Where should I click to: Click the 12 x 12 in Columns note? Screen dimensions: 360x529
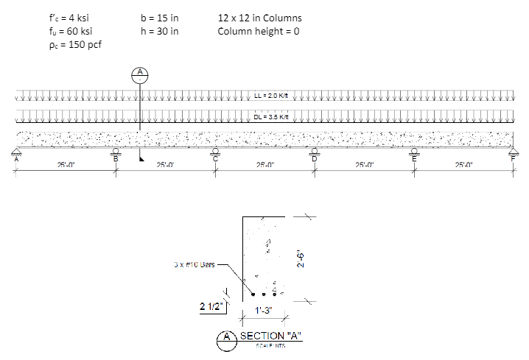point(260,18)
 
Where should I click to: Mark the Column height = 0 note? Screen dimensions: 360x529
point(259,32)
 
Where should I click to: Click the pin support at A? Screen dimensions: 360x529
point(16,154)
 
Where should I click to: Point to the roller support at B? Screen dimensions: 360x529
point(116,154)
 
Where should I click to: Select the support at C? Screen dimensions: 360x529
point(216,154)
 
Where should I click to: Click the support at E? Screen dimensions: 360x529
point(414,154)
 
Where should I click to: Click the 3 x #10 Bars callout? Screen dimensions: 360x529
point(193,263)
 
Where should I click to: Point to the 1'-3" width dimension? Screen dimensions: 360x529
point(262,311)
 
